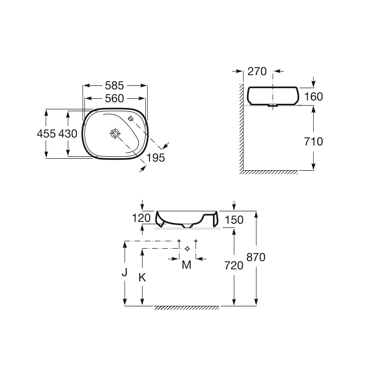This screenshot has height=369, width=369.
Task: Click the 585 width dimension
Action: click(x=114, y=85)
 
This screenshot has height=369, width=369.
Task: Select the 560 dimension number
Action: click(x=114, y=98)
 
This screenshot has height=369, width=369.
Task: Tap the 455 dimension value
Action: click(x=47, y=134)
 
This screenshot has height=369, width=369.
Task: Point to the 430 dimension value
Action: click(x=68, y=134)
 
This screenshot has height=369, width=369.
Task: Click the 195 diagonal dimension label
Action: click(x=155, y=158)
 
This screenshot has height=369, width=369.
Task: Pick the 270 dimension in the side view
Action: click(x=257, y=71)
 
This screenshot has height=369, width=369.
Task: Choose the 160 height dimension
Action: click(x=314, y=96)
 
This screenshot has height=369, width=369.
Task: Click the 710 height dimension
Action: click(x=314, y=142)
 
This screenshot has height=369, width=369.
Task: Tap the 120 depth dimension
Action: click(x=141, y=218)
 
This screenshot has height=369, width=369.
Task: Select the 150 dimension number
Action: click(x=234, y=220)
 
